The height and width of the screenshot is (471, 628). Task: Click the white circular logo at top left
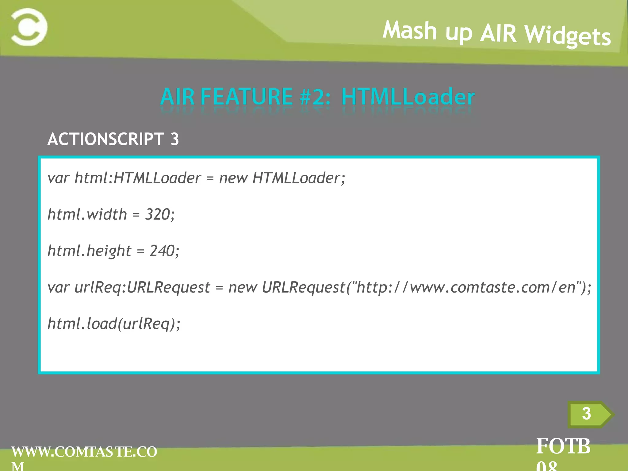pyautogui.click(x=29, y=27)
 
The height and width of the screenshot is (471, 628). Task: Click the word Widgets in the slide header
pyautogui.click(x=568, y=36)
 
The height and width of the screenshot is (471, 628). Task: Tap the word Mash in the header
pyautogui.click(x=410, y=30)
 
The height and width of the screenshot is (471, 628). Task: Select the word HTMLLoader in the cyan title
pyautogui.click(x=408, y=97)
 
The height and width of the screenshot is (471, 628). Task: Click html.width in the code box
pyautogui.click(x=87, y=214)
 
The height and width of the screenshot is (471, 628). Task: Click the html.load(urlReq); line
pyautogui.click(x=114, y=324)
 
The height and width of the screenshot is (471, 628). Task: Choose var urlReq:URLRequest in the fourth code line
pyautogui.click(x=129, y=288)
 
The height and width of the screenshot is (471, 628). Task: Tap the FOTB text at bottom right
pyautogui.click(x=563, y=446)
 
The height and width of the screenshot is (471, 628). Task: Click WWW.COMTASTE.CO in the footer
pyautogui.click(x=84, y=452)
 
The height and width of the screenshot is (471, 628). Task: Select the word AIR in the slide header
pyautogui.click(x=498, y=33)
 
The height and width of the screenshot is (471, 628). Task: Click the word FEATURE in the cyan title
pyautogui.click(x=247, y=97)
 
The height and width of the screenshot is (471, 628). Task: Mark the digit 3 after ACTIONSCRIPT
pyautogui.click(x=174, y=139)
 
